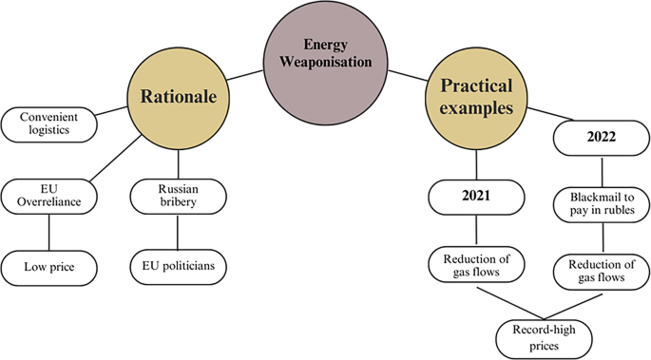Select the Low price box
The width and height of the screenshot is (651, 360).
[49, 266]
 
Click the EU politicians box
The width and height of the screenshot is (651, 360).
[179, 266]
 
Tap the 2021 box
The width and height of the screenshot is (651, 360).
[475, 197]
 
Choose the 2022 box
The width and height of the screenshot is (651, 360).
[600, 137]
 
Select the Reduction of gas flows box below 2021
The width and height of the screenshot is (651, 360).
[475, 266]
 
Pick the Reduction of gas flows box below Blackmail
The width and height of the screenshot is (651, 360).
[600, 272]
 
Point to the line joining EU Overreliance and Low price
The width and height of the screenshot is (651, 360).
[49, 232]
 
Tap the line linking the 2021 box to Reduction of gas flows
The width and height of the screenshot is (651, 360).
[475, 231]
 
